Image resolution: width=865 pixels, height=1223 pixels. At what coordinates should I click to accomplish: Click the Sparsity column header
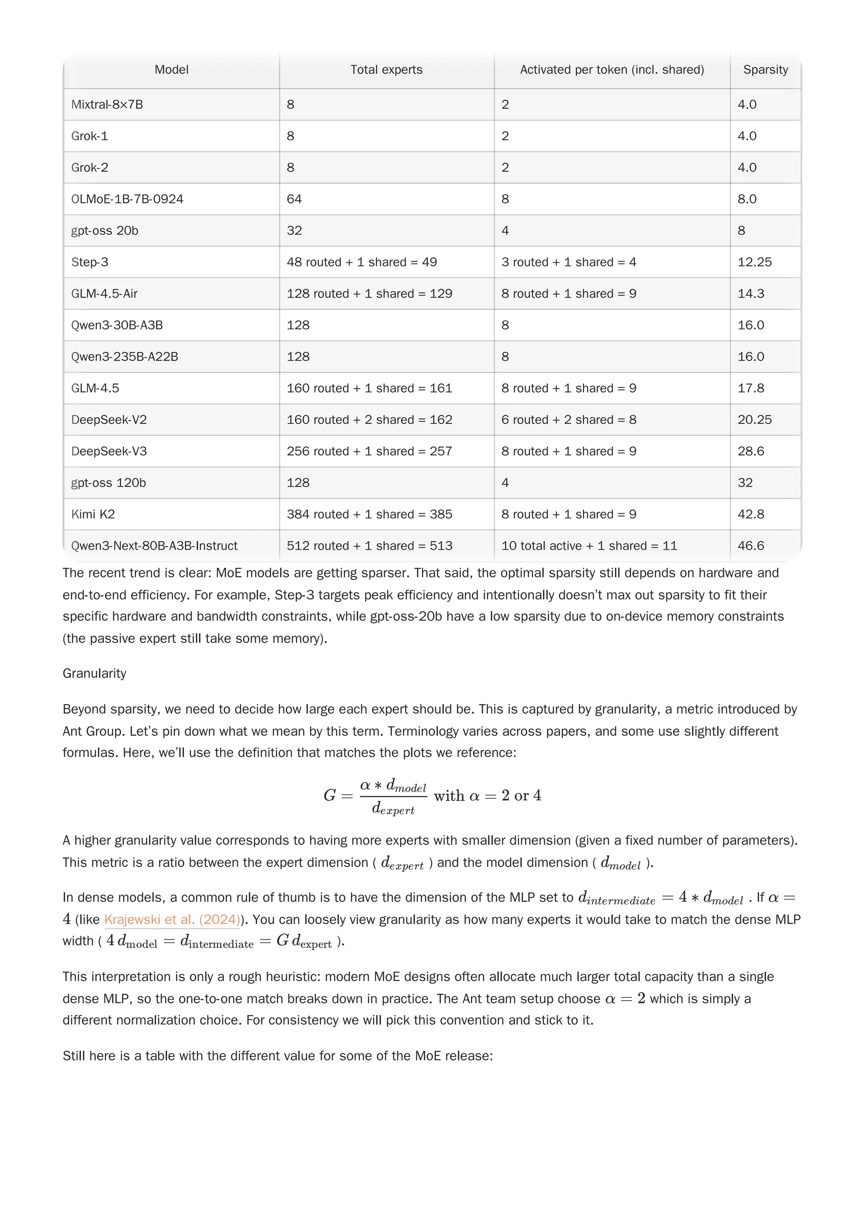pyautogui.click(x=765, y=70)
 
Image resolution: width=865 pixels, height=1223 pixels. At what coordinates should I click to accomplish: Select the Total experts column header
pyautogui.click(x=386, y=70)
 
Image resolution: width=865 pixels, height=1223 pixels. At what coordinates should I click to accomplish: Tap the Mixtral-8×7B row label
pyautogui.click(x=107, y=104)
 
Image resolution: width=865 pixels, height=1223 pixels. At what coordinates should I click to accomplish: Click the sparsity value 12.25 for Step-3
pyautogui.click(x=754, y=262)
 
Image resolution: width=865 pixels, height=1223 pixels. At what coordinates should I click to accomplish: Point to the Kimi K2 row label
pyautogui.click(x=93, y=514)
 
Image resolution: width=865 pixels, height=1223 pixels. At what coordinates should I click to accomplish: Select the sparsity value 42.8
pyautogui.click(x=751, y=514)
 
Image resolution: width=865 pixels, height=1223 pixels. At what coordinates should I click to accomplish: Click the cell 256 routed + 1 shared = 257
pyautogui.click(x=369, y=451)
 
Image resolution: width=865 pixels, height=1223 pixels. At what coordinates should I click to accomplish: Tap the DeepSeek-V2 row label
pyautogui.click(x=109, y=420)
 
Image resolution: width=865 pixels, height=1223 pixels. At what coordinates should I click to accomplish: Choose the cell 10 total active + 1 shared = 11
pyautogui.click(x=589, y=545)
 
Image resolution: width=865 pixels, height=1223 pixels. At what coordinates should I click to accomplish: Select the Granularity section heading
pyautogui.click(x=94, y=673)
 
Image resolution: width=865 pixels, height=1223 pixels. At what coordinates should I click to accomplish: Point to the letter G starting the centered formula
pyautogui.click(x=329, y=796)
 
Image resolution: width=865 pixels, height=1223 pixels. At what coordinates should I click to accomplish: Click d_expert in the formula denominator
pyautogui.click(x=393, y=808)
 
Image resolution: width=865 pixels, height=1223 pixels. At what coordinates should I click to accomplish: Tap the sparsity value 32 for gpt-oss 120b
pyautogui.click(x=745, y=483)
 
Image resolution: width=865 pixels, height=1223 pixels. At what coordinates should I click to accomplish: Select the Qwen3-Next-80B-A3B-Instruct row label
pyautogui.click(x=154, y=545)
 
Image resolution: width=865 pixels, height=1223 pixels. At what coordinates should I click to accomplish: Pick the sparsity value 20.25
pyautogui.click(x=754, y=420)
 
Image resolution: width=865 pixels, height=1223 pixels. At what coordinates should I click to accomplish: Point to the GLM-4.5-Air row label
pyautogui.click(x=104, y=293)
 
